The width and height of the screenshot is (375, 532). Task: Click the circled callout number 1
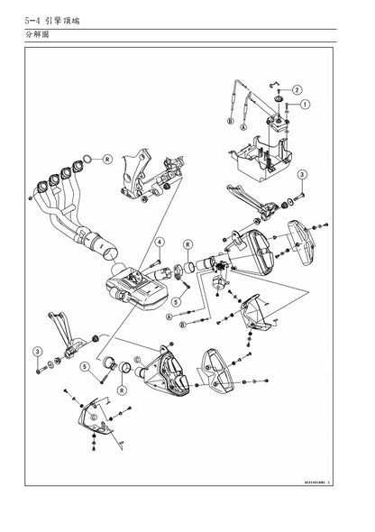pyautogui.click(x=305, y=104)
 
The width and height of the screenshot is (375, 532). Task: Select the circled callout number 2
pyautogui.click(x=297, y=89)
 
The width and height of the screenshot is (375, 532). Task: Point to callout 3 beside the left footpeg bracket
pyautogui.click(x=37, y=350)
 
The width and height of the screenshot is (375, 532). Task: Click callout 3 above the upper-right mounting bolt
pyautogui.click(x=303, y=174)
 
